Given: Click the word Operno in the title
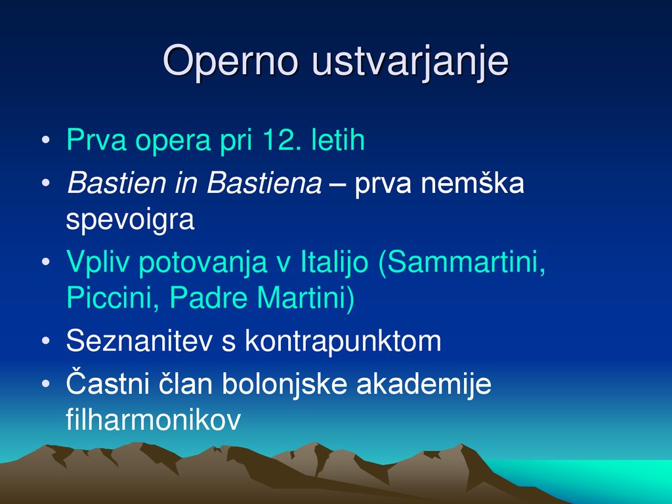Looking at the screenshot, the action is pos(230,61).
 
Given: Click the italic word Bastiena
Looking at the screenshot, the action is pos(264,182).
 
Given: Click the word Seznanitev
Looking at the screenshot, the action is pos(140,341).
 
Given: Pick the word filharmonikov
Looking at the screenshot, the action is pos(154,419).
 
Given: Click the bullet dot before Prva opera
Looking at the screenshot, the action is pos(46,140).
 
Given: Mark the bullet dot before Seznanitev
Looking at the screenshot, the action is pos(46,341).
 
